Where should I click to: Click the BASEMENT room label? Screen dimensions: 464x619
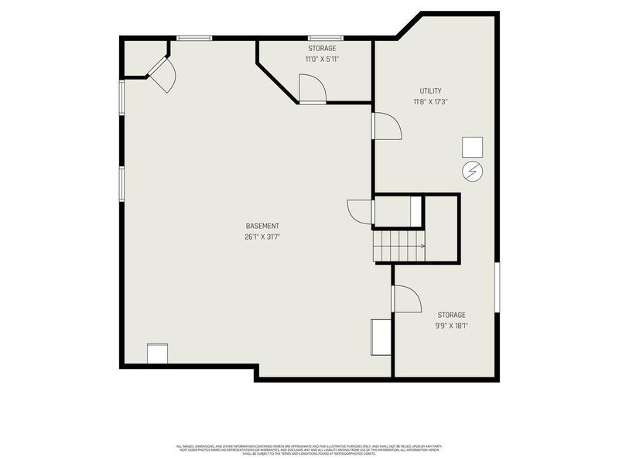[262, 226]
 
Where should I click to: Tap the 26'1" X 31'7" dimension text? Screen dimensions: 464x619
[262, 237]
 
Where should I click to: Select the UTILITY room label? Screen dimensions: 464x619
[430, 90]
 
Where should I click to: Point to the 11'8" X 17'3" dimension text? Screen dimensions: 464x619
[430, 101]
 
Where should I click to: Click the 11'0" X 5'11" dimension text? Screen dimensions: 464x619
[322, 59]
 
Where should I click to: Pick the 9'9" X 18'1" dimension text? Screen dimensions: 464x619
[451, 326]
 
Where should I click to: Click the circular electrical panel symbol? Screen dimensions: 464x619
[472, 171]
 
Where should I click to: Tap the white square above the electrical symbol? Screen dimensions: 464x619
[472, 147]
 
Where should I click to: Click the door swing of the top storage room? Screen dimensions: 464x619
[311, 88]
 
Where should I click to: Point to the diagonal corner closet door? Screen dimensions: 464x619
[162, 74]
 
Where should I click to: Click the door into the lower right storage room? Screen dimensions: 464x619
[406, 299]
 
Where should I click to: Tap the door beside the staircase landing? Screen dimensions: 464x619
[361, 211]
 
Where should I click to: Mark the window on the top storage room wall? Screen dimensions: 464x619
[322, 37]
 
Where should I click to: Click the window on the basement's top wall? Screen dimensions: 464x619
[194, 37]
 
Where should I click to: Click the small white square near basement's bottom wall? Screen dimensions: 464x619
[158, 353]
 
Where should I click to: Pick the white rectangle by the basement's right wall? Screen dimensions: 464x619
[381, 336]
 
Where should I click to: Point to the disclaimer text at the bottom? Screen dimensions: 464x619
[309, 450]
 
